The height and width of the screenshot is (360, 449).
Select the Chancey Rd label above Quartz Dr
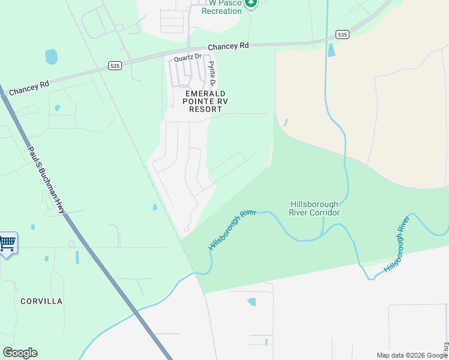click(228, 46)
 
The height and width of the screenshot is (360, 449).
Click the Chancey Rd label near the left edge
click(29, 88)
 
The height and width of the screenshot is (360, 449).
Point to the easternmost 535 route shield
click(342, 35)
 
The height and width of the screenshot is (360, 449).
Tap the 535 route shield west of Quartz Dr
click(115, 65)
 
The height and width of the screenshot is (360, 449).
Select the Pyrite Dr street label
click(211, 73)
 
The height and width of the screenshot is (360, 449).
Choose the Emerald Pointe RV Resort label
click(206, 101)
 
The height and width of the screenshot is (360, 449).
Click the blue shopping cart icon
click(7, 244)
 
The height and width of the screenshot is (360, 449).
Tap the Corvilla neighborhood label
click(41, 301)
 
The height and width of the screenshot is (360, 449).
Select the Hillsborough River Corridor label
click(315, 208)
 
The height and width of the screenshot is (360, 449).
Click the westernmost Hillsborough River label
click(228, 230)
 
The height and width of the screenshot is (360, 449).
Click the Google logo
click(20, 353)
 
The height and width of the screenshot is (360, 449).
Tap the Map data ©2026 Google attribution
click(411, 355)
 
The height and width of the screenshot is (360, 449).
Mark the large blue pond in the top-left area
click(51, 57)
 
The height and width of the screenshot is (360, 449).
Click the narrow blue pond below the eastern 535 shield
click(331, 50)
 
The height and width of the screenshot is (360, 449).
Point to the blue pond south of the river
click(251, 302)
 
